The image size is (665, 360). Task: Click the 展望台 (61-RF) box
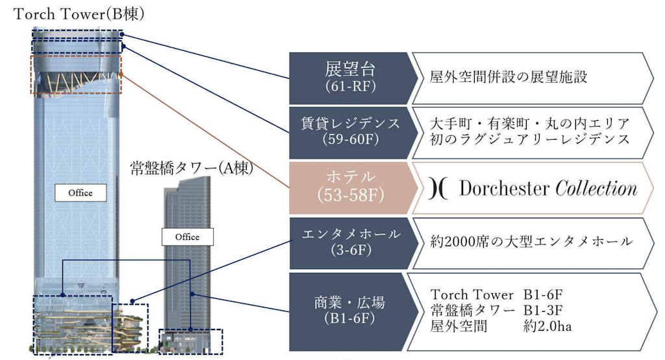click(351, 76)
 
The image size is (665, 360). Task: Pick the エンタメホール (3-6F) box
click(351, 242)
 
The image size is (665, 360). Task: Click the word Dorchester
click(504, 188)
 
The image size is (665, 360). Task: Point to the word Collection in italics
click(597, 188)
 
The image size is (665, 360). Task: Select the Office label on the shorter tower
click(187, 237)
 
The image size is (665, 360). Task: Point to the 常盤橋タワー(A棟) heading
click(192, 168)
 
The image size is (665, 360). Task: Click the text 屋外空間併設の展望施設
click(509, 77)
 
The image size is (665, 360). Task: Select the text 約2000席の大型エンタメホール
click(531, 242)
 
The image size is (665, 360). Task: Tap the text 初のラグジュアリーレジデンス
click(529, 139)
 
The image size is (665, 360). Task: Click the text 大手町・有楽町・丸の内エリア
click(529, 123)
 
